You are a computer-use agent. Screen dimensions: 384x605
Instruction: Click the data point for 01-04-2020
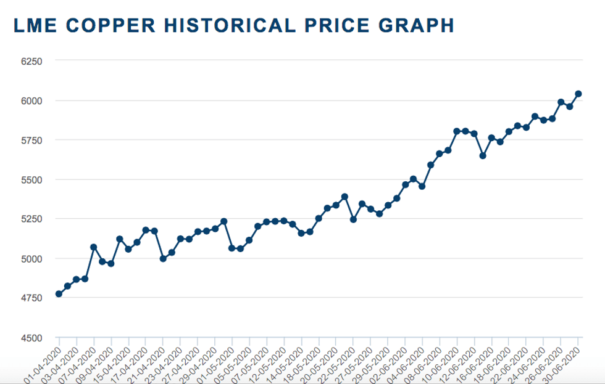59,294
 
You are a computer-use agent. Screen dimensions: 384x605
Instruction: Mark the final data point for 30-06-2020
578,94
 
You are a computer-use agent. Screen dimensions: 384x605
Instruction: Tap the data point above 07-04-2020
93,247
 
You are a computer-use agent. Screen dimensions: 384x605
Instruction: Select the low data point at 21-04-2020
163,259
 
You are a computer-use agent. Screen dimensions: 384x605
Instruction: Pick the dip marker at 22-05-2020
353,219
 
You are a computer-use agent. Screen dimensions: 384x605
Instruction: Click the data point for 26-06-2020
561,102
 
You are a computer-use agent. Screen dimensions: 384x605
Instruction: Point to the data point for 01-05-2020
232,248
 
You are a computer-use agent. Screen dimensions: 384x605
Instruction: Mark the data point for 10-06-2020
457,131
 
